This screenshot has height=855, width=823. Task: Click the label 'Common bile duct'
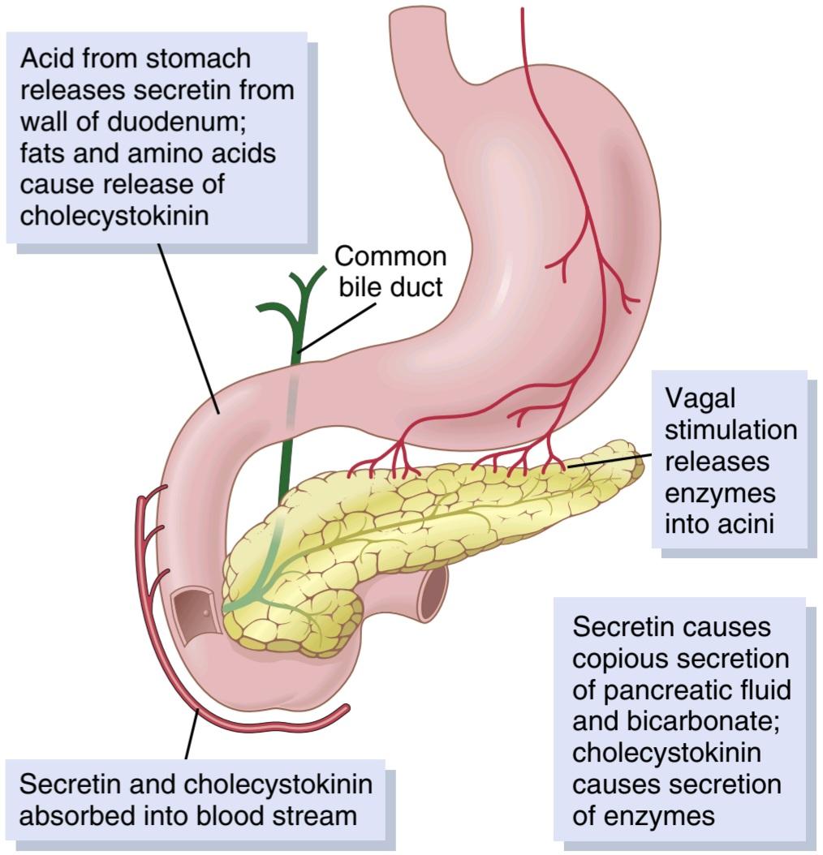pyautogui.click(x=390, y=272)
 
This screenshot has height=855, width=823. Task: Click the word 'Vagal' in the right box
pyautogui.click(x=700, y=398)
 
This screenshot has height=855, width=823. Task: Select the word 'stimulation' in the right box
pyautogui.click(x=730, y=430)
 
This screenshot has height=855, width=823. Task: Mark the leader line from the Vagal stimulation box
pyautogui.click(x=609, y=461)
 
